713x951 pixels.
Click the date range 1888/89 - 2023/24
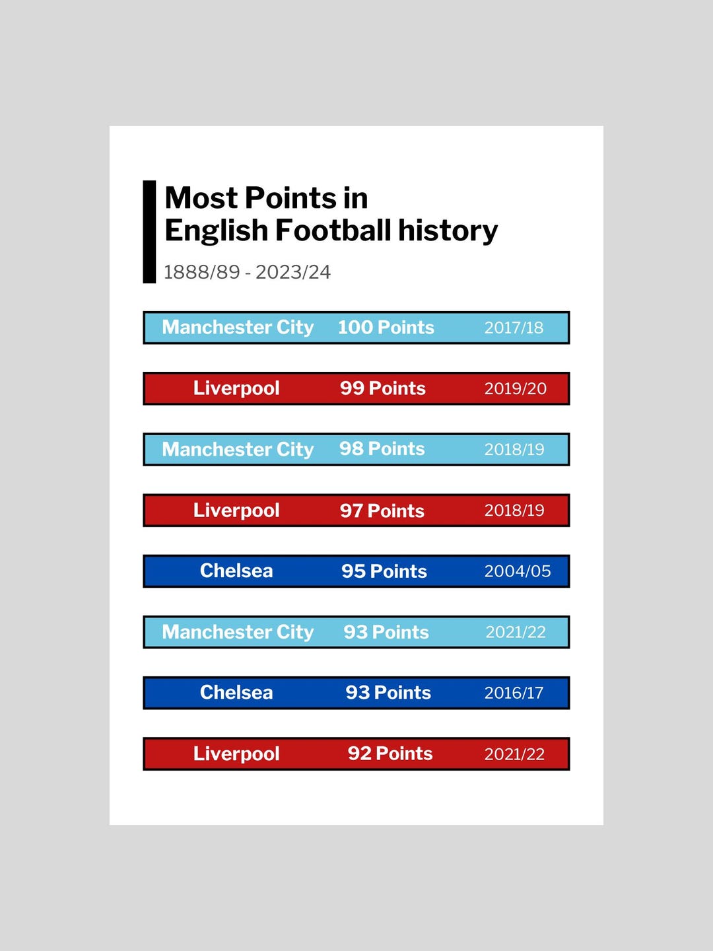pos(247,273)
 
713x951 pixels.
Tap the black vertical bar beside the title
pos(149,232)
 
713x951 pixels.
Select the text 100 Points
pos(386,328)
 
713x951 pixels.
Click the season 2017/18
pos(514,328)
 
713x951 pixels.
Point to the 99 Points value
pos(383,388)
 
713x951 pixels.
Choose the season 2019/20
pos(515,388)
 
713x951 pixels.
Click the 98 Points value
pos(382,449)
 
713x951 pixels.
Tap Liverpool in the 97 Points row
pos(236,511)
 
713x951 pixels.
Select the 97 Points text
pos(382,511)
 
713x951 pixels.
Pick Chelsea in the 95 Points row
pos(236,571)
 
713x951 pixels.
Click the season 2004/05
pos(518,571)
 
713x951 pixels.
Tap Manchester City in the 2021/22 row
pos(238,632)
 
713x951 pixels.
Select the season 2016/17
pos(514,693)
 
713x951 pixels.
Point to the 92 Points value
pos(390,754)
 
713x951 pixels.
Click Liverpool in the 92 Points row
pos(236,754)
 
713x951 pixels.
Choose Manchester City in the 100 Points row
pos(238,328)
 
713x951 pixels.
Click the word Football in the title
pos(333,230)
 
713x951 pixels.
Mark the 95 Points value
pos(384,571)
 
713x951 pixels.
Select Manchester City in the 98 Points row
pos(238,449)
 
